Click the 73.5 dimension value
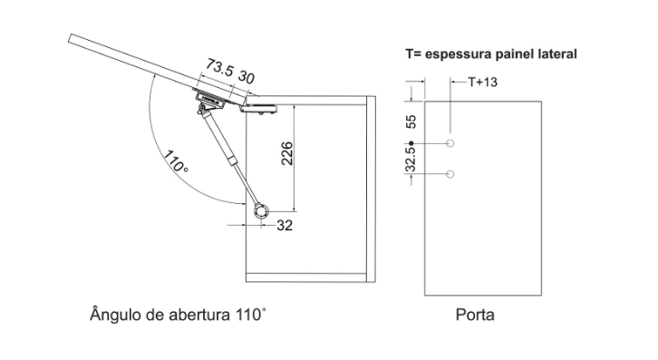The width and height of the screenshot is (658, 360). [219, 68]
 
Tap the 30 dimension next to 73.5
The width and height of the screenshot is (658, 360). [247, 77]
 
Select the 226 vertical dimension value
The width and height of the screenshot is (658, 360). [286, 154]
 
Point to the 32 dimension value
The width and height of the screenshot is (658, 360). [285, 226]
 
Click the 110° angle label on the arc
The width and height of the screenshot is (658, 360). [176, 161]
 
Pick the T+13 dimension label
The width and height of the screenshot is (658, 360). [482, 82]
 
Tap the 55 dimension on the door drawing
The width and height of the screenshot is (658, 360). [411, 122]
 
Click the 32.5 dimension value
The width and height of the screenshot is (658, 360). [411, 160]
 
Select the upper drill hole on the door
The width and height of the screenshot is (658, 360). [450, 143]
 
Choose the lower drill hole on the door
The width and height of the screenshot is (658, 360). [450, 174]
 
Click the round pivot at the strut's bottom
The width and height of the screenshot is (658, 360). [261, 211]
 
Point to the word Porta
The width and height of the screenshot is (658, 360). [475, 315]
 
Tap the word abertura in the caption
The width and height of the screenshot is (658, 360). [199, 315]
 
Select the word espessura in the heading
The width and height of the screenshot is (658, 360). [459, 54]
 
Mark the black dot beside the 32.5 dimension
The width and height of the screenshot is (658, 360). [411, 143]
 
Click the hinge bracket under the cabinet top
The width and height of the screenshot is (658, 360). [258, 109]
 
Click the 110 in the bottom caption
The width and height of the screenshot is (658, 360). [250, 315]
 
